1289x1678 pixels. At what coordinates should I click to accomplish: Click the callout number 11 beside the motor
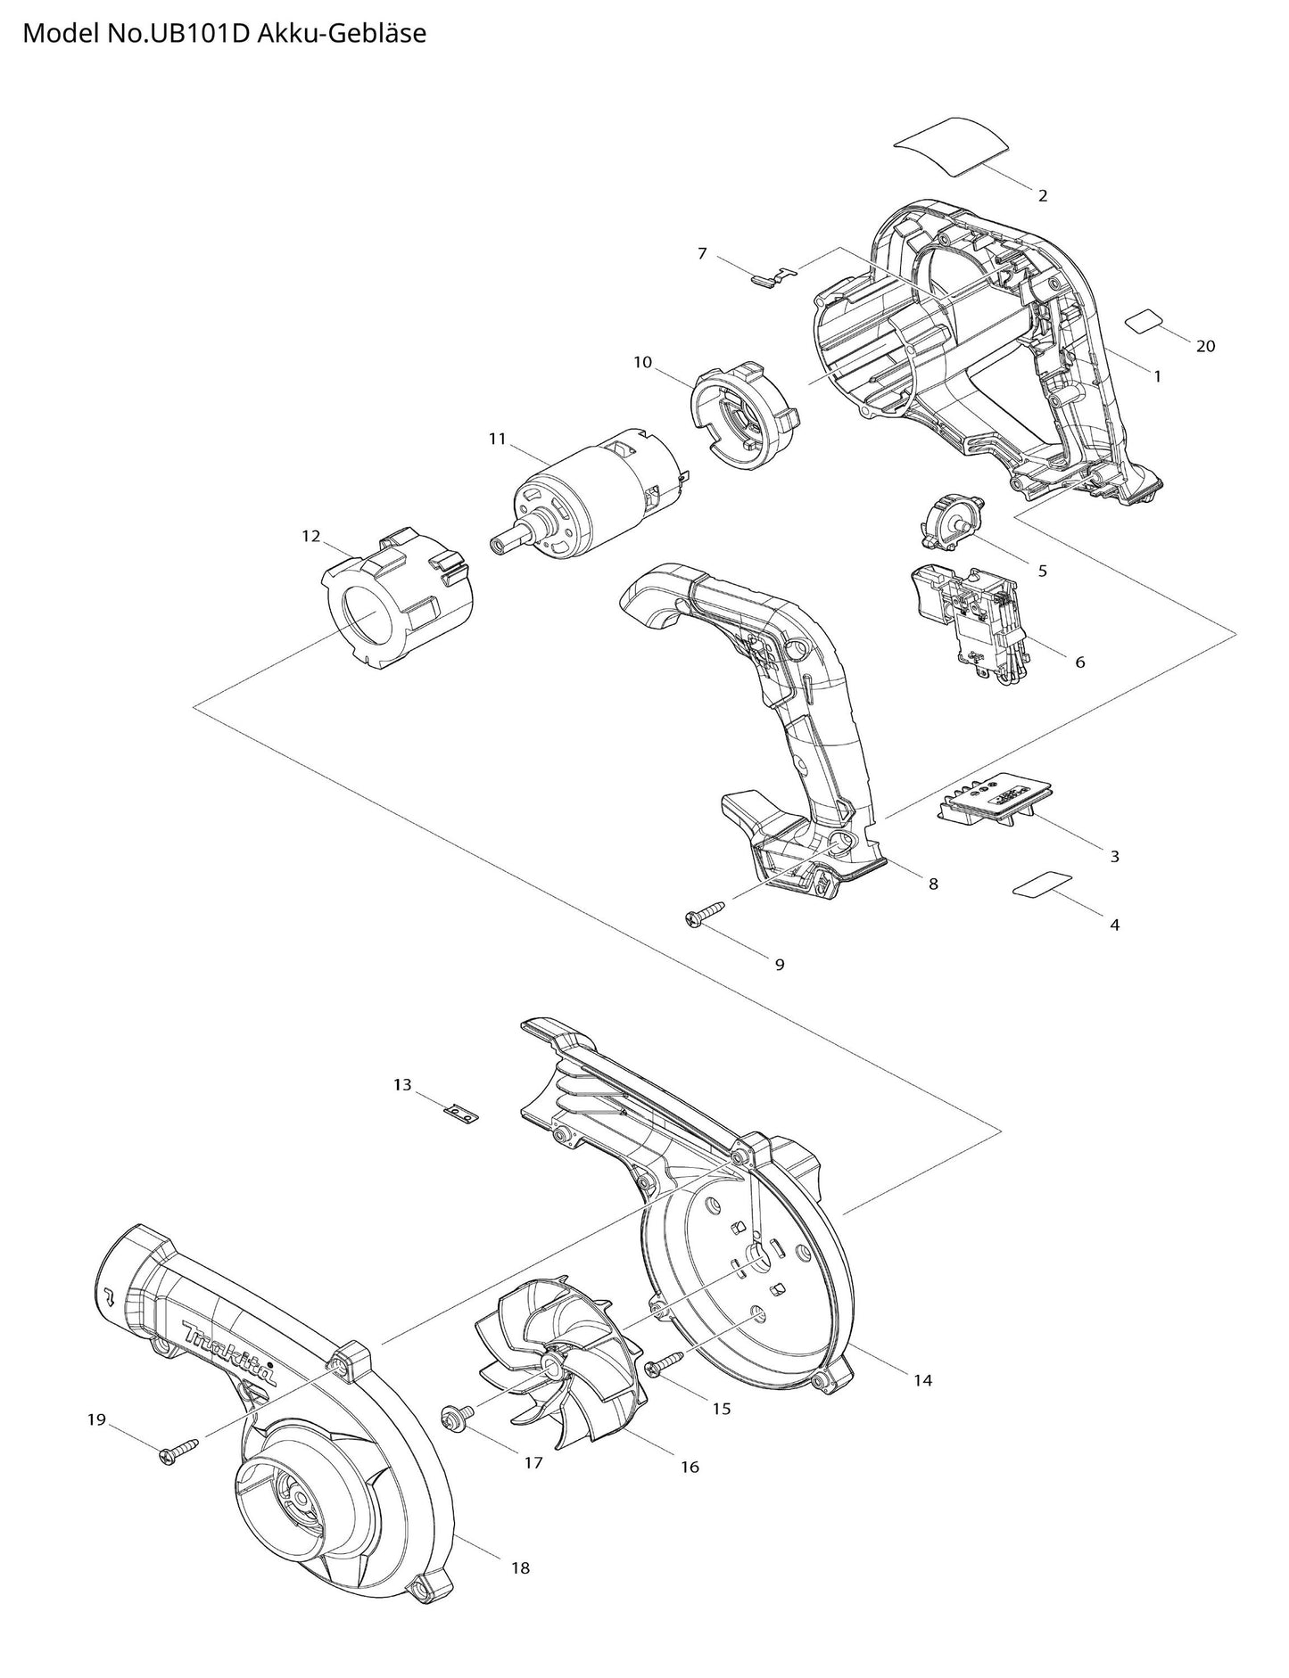497,439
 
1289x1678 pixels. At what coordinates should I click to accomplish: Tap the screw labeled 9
705,913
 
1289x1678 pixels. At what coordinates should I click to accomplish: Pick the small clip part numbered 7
772,276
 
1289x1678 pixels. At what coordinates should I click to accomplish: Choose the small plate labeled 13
460,1114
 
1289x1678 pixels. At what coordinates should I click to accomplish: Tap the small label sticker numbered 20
1145,321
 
